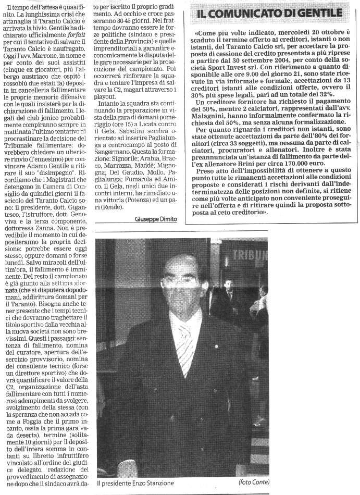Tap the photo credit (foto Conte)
click(x=254, y=482)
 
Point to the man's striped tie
click(x=185, y=344)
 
